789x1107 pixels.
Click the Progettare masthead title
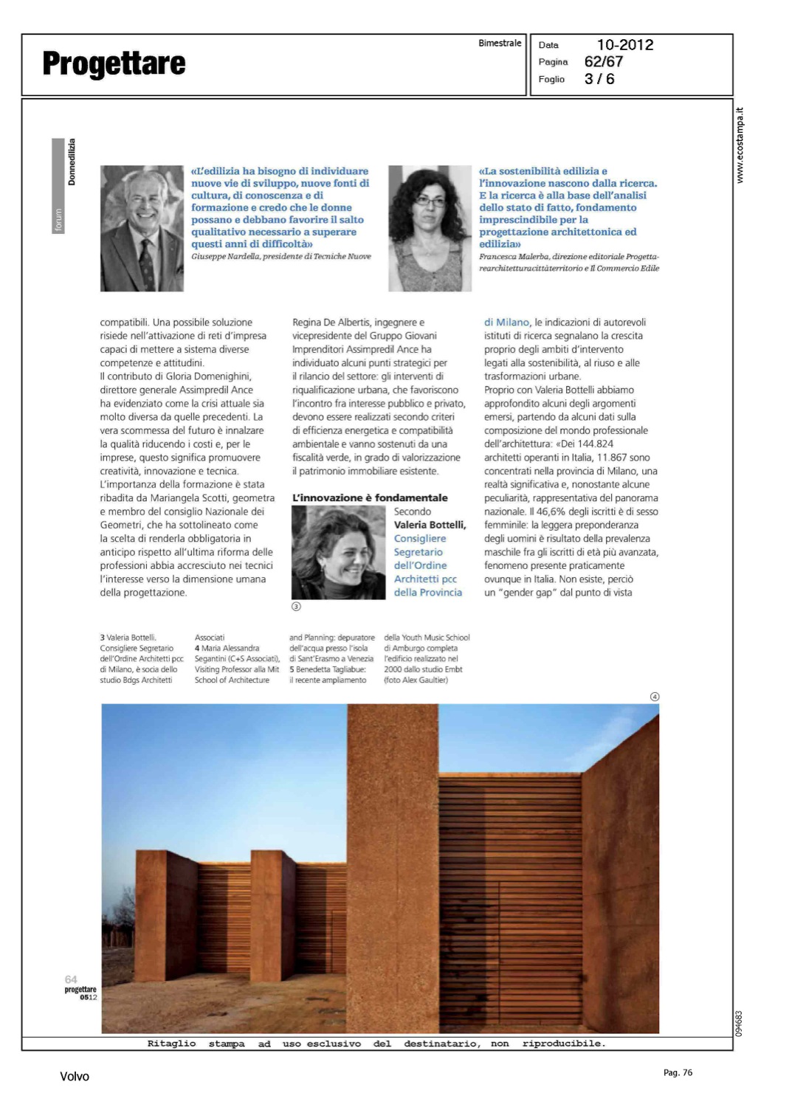point(114,64)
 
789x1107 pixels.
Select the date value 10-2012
point(624,45)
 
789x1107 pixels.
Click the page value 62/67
point(603,62)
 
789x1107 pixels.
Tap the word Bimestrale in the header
point(500,44)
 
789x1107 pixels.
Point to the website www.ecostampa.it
point(740,145)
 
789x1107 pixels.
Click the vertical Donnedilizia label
point(72,162)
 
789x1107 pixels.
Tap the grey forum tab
point(58,219)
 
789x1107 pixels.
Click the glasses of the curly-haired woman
point(430,201)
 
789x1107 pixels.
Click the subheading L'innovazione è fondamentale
point(370,498)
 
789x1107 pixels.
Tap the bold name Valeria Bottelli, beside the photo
point(430,525)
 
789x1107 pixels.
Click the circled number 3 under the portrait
point(297,607)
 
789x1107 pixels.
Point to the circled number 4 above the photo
point(654,697)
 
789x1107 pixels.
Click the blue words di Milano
point(506,323)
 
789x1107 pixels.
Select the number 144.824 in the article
point(596,444)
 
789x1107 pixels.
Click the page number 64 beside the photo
point(71,979)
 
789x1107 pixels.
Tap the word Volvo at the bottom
point(75,1077)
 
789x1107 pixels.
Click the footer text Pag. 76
point(678,1073)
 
